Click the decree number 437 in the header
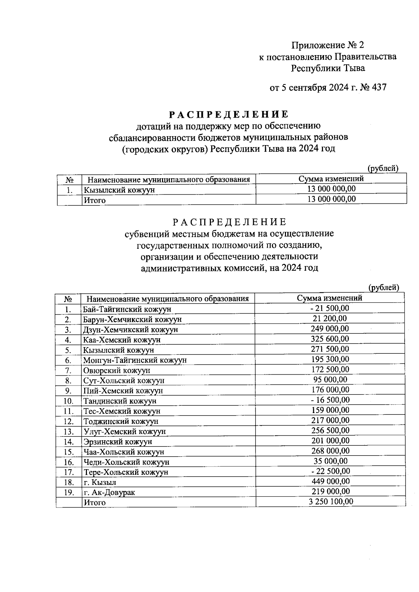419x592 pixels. [380, 88]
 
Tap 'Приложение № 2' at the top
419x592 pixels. [328, 45]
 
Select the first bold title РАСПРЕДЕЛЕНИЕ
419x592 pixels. [229, 114]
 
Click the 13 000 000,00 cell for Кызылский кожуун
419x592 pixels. [331, 189]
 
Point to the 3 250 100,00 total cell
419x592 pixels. [331, 501]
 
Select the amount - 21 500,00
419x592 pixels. [330, 308]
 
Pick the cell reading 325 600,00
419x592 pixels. [330, 338]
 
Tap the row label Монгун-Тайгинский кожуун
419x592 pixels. [135, 360]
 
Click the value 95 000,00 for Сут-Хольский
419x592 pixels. [330, 379]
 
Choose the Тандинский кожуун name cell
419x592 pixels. [119, 401]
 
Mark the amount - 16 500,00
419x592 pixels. [330, 399]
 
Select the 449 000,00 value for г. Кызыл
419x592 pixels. [330, 481]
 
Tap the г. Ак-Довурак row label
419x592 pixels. [109, 492]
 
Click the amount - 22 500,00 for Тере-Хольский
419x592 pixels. [330, 471]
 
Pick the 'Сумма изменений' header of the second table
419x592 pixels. [329, 298]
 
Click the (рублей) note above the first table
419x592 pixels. [383, 168]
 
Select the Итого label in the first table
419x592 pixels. [94, 200]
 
